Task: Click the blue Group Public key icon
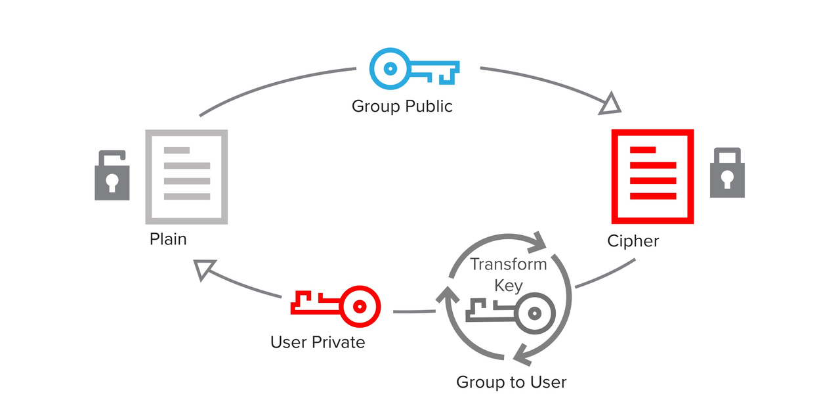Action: (414, 68)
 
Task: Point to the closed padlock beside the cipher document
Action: (727, 173)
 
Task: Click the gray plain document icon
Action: (186, 177)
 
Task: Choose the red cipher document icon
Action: (652, 177)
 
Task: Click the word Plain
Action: (168, 238)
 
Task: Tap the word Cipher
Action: (633, 241)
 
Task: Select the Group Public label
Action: (402, 106)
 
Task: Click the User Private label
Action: (318, 342)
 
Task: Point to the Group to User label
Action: (511, 382)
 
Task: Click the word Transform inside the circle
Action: (509, 264)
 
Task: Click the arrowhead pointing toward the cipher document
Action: (611, 104)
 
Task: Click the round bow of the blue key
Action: (390, 68)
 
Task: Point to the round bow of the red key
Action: (360, 305)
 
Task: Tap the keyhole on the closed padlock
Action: (727, 179)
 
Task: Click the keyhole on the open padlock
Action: (112, 182)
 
